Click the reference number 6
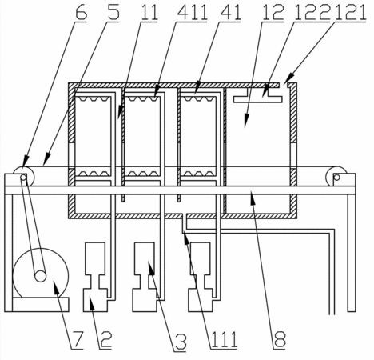(81, 12)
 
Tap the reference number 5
(113, 12)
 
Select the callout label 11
(149, 12)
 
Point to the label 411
(191, 12)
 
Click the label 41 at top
(229, 12)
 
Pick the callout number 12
(273, 12)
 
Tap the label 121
(350, 12)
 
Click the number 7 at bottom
(77, 340)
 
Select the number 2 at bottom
(105, 340)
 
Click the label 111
(224, 340)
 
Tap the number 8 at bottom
(280, 340)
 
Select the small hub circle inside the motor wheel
(41, 276)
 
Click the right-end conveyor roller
(336, 177)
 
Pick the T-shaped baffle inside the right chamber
(257, 95)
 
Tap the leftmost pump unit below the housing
(95, 277)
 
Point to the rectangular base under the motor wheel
(41, 305)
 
